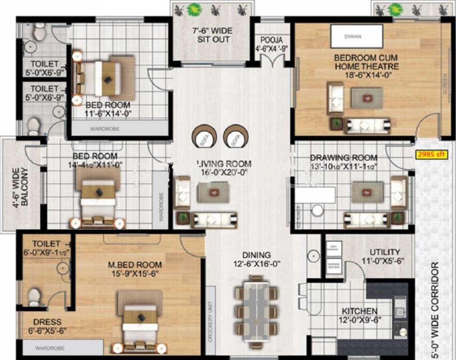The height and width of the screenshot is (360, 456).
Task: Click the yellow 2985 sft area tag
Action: [431, 154]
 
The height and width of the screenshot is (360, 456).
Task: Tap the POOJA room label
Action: [272, 40]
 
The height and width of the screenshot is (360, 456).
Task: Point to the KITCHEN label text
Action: [359, 311]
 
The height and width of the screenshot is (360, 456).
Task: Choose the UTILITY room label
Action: [385, 252]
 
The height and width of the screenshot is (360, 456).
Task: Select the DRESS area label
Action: [47, 322]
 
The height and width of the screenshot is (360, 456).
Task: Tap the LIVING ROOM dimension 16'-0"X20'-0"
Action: [223, 172]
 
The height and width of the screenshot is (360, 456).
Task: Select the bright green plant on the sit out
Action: [193, 9]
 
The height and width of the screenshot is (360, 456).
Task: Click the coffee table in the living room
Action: [213, 192]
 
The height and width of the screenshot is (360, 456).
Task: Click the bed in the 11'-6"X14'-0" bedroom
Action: [106, 78]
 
